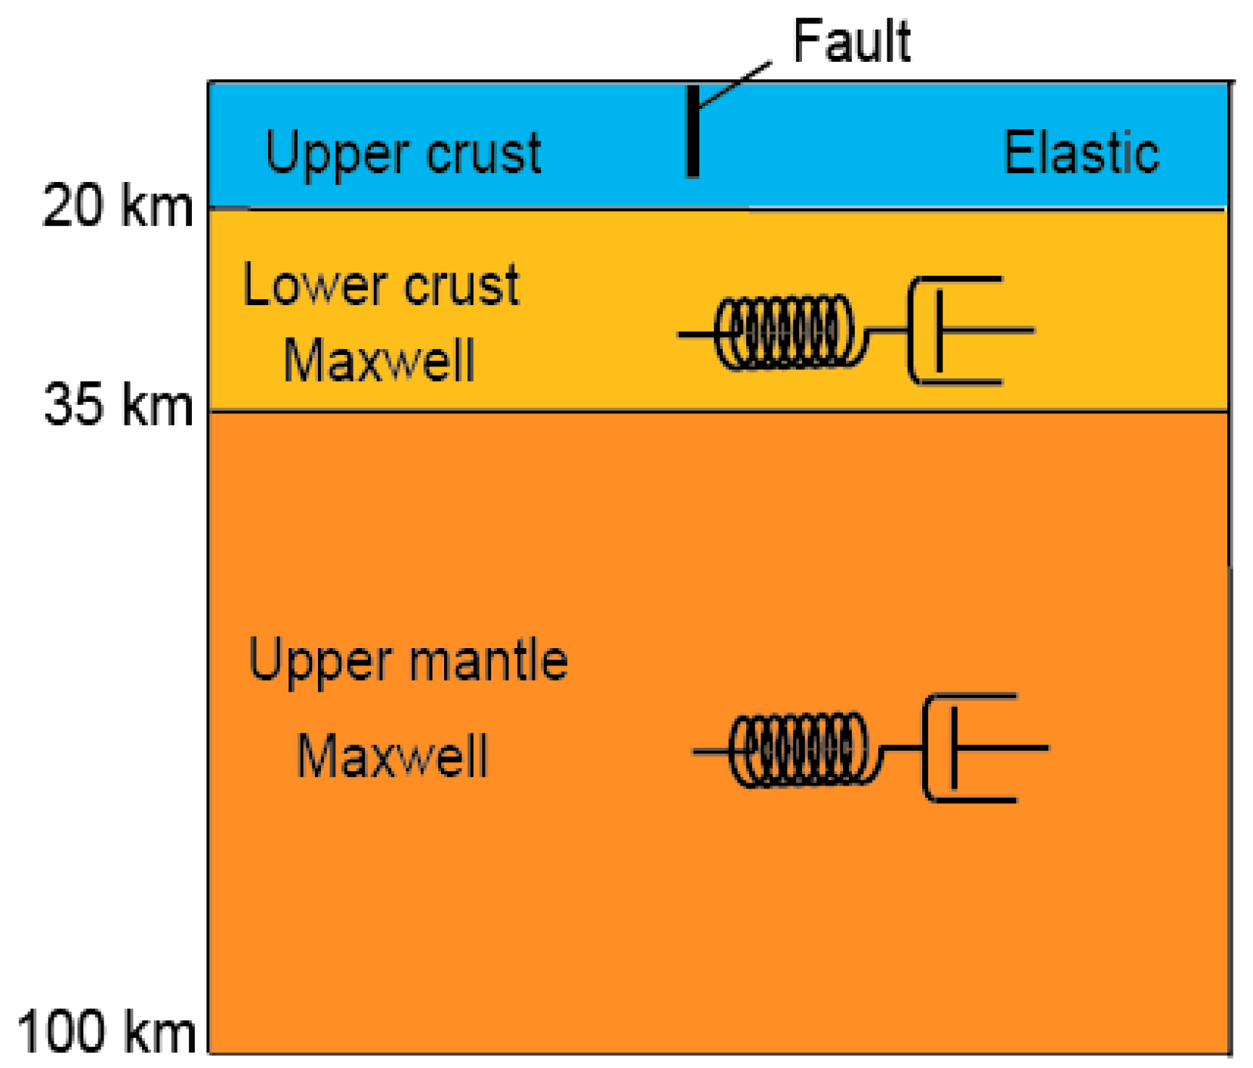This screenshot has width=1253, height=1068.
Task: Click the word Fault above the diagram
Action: pyautogui.click(x=851, y=41)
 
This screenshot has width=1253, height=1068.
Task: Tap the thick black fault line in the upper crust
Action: pyautogui.click(x=692, y=132)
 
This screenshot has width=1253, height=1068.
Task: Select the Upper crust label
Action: pyautogui.click(x=403, y=153)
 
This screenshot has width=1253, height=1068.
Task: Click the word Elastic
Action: pyautogui.click(x=1081, y=153)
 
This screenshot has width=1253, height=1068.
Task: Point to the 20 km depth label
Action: pyautogui.click(x=118, y=206)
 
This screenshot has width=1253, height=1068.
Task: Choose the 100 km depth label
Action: pyautogui.click(x=106, y=1032)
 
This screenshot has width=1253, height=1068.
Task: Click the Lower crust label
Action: pyautogui.click(x=381, y=286)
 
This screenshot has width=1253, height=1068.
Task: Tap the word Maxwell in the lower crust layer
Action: pyautogui.click(x=379, y=361)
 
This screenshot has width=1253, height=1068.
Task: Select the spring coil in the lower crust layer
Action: pyautogui.click(x=785, y=332)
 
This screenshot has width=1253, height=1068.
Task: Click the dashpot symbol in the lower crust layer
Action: pyautogui.click(x=955, y=331)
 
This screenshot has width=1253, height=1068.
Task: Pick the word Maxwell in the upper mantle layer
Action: pyautogui.click(x=392, y=756)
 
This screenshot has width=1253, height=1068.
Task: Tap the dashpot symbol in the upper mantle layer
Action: pyautogui.click(x=971, y=748)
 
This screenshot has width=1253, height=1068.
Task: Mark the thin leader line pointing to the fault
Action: pyautogui.click(x=735, y=85)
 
